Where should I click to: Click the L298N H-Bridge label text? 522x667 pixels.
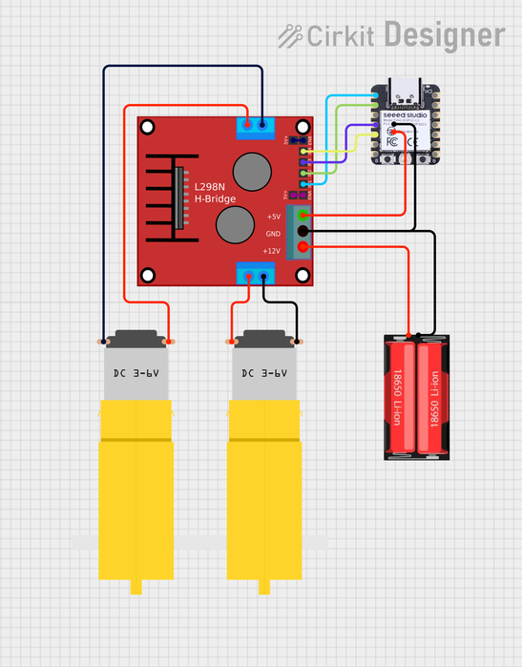click(x=216, y=192)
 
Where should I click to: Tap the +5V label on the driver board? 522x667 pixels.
click(x=274, y=217)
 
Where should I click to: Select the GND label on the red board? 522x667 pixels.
click(x=273, y=234)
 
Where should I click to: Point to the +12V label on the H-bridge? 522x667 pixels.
click(x=272, y=251)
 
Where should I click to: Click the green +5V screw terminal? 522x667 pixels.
click(x=303, y=217)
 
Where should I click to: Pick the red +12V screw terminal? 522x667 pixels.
click(x=303, y=249)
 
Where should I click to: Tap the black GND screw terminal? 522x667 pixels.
click(x=303, y=233)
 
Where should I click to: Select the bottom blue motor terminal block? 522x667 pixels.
click(x=256, y=275)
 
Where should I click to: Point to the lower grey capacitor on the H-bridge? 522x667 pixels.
click(x=234, y=225)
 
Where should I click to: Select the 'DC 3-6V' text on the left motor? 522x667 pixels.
click(x=136, y=373)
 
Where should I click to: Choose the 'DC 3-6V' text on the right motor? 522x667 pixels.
click(x=264, y=373)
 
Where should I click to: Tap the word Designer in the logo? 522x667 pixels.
click(x=444, y=35)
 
